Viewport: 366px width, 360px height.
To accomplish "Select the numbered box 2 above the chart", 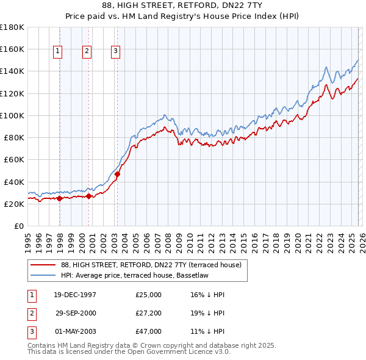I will (x=87, y=52).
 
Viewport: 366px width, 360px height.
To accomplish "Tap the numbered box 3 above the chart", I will (x=116, y=52).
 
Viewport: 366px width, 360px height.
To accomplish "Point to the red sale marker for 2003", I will (x=117, y=174).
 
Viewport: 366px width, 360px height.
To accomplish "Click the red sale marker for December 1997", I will (x=60, y=198).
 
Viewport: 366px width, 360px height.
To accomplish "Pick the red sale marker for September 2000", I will (x=89, y=196).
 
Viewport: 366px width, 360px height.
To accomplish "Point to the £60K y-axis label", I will (x=14, y=160).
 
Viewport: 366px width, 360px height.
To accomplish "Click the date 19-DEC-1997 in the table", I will (x=75, y=295).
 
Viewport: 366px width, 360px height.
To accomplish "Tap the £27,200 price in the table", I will (x=149, y=313).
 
